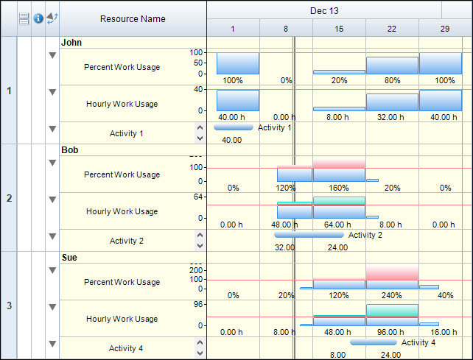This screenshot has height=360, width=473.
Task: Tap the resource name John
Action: click(71, 43)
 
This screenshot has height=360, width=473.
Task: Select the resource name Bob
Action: click(70, 150)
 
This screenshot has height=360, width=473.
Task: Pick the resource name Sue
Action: click(69, 258)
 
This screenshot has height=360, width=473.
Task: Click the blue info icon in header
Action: click(38, 18)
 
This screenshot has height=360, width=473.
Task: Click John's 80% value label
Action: click(392, 80)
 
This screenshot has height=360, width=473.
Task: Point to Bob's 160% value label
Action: click(339, 188)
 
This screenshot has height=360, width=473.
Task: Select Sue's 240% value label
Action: click(392, 295)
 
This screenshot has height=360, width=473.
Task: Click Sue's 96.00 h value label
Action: click(392, 332)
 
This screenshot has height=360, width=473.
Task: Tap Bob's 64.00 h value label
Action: click(339, 225)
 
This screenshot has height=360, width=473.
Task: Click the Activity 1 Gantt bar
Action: click(234, 128)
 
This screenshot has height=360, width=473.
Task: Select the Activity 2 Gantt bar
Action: click(309, 236)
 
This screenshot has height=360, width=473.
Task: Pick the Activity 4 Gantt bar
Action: click(374, 342)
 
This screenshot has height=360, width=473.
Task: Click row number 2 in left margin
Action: click(9, 198)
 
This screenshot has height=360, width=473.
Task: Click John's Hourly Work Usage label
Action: click(122, 104)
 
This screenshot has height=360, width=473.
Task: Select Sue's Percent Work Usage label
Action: click(122, 282)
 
